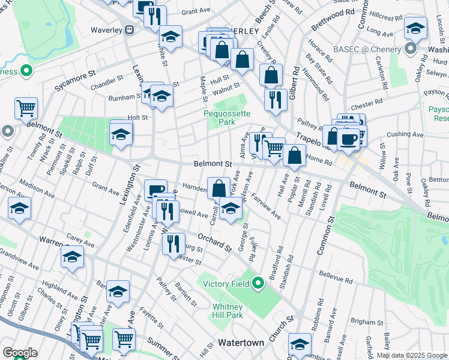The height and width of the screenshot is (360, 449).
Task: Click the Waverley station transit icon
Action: pos(129,30)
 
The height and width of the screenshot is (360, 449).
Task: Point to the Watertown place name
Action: pos(241,343)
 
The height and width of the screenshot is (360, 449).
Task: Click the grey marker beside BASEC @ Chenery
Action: pos(411,49)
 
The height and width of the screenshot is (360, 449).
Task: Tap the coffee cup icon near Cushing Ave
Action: pos(348,139)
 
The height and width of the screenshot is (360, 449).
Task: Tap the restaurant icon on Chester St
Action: pos(173,244)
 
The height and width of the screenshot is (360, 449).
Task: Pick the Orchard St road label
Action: pos(214,241)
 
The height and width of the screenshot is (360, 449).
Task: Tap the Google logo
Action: pos(20,352)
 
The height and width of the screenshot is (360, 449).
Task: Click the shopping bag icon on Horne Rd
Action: pos(294,155)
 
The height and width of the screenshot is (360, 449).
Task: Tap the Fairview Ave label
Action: pos(266,206)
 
